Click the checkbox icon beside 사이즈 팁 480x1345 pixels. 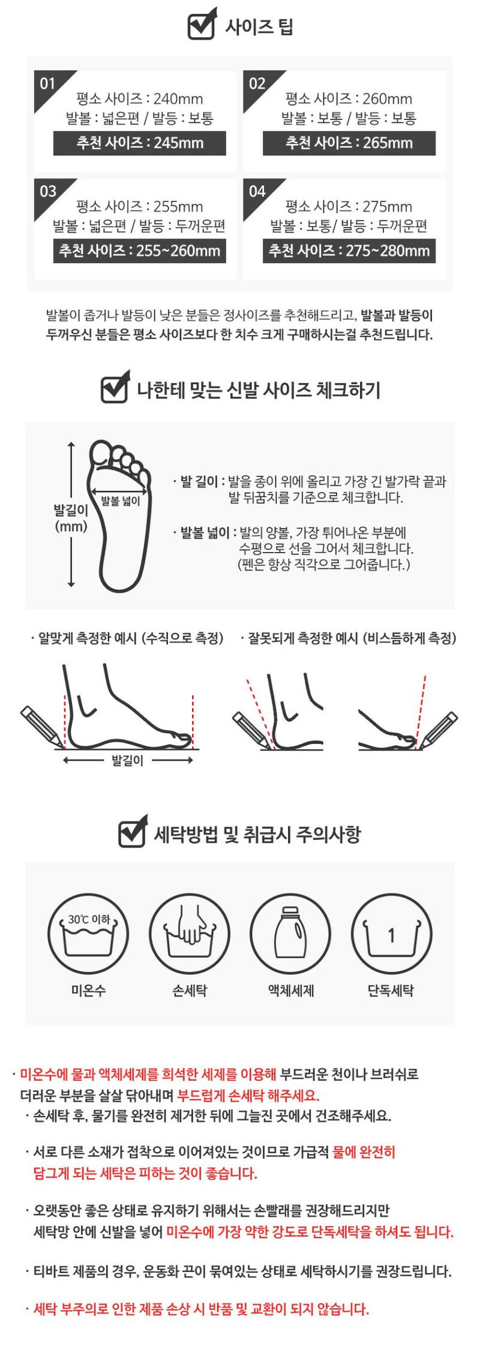(202, 25)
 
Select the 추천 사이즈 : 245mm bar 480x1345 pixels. (140, 143)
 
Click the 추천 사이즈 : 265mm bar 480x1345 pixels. (349, 143)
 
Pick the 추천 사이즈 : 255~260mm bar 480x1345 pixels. (140, 251)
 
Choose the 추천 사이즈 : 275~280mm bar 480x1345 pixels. (349, 251)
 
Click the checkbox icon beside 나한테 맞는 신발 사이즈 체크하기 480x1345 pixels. (115, 388)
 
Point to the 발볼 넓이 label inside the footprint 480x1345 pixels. (121, 500)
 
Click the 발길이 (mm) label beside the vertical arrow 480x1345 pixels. (71, 518)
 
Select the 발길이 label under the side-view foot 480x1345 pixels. (127, 761)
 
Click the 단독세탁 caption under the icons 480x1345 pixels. (391, 991)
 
